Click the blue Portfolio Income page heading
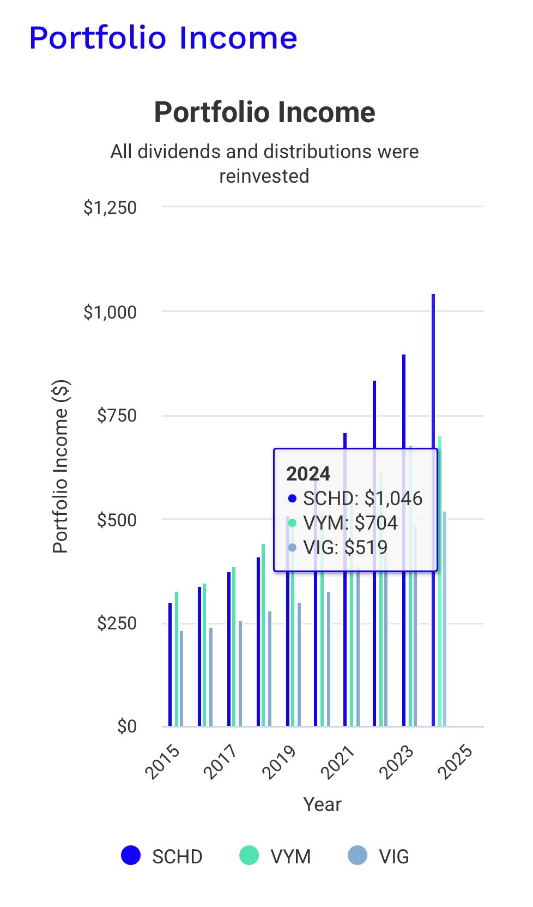[x=163, y=38]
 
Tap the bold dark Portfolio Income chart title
[x=264, y=112]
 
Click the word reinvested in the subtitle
[x=264, y=176]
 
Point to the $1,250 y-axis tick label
[x=110, y=208]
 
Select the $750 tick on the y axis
[x=117, y=416]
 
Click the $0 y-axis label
[x=126, y=726]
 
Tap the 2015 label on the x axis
[x=162, y=761]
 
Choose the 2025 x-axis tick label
[x=455, y=761]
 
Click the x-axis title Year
[x=322, y=804]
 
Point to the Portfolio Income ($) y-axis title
[x=60, y=466]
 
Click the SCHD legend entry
[x=162, y=856]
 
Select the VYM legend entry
[x=275, y=856]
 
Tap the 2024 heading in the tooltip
[x=308, y=473]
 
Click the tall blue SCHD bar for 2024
[x=433, y=382]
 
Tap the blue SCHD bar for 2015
[x=170, y=665]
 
